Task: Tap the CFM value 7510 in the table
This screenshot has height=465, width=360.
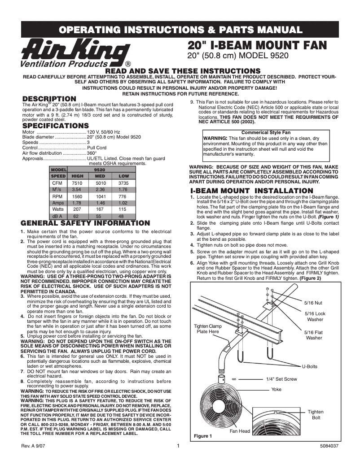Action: click(x=78, y=183)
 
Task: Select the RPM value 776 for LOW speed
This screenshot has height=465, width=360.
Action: click(x=123, y=196)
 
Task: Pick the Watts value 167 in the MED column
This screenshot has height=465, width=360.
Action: click(x=101, y=209)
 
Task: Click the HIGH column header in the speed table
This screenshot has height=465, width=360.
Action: click(x=78, y=176)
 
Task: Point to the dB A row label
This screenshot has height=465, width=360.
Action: click(x=57, y=216)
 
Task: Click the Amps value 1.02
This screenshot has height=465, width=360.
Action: click(x=123, y=203)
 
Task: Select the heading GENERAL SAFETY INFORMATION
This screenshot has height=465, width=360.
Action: click(x=85, y=223)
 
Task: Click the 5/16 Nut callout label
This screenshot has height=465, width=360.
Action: click(x=313, y=303)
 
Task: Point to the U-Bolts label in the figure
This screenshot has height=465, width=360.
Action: click(x=309, y=366)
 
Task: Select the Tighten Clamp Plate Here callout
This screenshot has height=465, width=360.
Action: click(x=208, y=329)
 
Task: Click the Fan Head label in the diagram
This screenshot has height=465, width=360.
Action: click(x=240, y=431)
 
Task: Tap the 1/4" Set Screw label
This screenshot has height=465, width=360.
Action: click(x=281, y=379)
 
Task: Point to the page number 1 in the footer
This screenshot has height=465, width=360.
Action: click(x=178, y=446)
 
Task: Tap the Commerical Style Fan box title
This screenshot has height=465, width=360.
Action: click(x=266, y=133)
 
